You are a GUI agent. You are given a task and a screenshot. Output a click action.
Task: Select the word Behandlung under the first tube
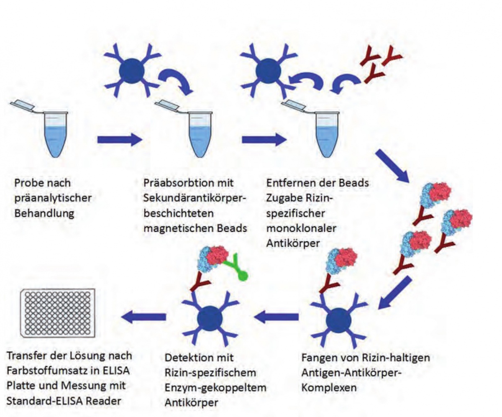pos(44,213)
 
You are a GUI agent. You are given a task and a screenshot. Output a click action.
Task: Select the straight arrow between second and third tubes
pos(263,139)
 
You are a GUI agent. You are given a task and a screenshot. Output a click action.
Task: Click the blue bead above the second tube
pos(131,72)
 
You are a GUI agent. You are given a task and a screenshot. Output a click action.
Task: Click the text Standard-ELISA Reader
pos(64,400)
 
